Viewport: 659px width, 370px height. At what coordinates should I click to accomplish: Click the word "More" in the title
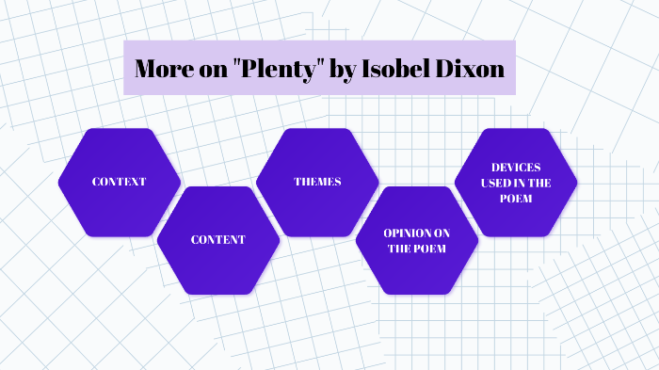coord(159,69)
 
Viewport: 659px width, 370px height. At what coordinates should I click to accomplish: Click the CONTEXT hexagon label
coord(119,182)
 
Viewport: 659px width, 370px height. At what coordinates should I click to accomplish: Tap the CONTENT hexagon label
coord(217,240)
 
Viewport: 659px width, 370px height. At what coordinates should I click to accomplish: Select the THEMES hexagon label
coord(317,182)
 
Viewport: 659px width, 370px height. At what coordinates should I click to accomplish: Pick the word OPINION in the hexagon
coord(415,232)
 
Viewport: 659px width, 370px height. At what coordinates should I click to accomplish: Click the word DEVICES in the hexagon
coord(515,167)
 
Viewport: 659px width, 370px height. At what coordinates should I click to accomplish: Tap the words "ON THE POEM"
coord(415,249)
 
